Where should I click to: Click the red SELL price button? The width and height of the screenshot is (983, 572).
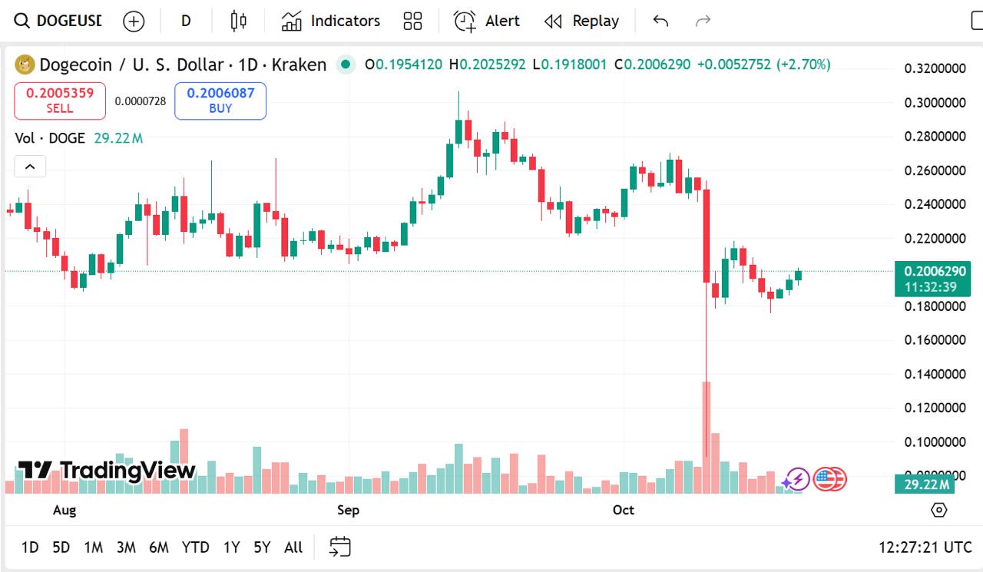tap(60, 101)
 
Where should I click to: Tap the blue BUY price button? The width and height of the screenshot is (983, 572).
tap(220, 101)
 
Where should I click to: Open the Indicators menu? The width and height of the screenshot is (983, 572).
tap(330, 21)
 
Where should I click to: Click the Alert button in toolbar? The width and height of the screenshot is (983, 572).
tap(487, 21)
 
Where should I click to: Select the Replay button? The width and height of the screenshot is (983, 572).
tap(581, 21)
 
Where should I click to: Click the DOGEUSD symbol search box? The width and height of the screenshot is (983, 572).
tap(59, 21)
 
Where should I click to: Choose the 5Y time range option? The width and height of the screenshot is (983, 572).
tap(262, 547)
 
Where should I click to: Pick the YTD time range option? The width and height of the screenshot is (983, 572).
tap(195, 547)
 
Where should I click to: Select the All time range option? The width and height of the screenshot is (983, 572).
tap(293, 547)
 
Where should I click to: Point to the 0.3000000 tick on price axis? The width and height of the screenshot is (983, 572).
tap(935, 103)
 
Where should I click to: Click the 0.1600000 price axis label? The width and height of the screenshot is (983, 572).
tap(935, 340)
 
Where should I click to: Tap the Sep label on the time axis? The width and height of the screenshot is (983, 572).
tap(348, 510)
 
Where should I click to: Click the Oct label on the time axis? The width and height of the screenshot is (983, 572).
tap(623, 510)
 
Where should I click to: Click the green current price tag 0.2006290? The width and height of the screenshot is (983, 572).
tap(932, 271)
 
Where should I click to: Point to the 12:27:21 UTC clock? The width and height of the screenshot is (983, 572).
tap(925, 547)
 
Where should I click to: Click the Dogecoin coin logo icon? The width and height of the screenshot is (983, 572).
tap(25, 64)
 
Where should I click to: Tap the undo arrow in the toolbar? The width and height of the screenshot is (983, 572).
tap(660, 21)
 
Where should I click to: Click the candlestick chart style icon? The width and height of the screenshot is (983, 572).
tap(239, 21)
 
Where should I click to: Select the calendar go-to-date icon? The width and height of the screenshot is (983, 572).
tap(339, 547)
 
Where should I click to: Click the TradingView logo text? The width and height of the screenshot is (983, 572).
tap(108, 470)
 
